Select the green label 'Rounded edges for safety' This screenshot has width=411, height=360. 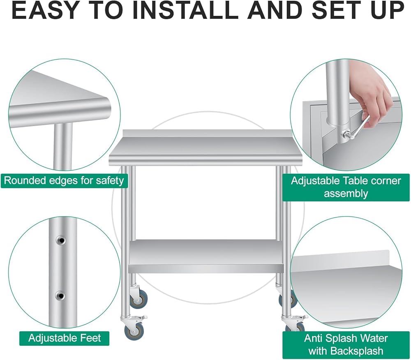click(x=64, y=180)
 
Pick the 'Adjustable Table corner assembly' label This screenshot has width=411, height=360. click(x=346, y=187)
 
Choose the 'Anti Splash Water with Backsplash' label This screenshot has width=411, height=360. click(x=346, y=344)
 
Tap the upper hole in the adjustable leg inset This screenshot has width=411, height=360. click(x=60, y=240)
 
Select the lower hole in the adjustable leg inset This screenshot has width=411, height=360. click(x=60, y=296)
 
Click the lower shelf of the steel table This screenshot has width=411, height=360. click(x=206, y=256)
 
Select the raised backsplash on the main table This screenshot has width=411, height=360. click(x=207, y=134)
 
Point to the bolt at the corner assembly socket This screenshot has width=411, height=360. click(x=345, y=136)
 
